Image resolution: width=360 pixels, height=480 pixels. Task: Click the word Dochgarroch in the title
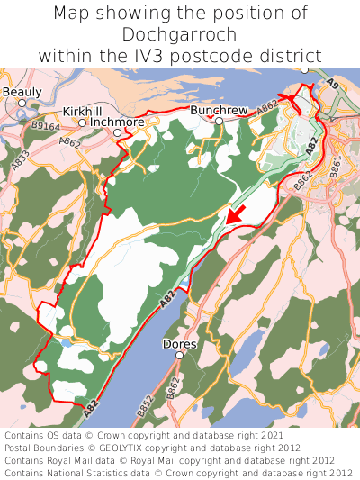[180, 34]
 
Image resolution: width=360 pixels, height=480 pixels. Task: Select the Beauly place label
[22, 92]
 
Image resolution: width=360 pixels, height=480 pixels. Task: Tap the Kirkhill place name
[83, 111]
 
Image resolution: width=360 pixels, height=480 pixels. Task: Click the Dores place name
[179, 344]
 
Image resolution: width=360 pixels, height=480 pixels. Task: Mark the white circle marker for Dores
[179, 356]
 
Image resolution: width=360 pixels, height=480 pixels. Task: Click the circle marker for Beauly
[22, 103]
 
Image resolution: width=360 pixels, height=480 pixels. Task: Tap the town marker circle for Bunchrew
[219, 120]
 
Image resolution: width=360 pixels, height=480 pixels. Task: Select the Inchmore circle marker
[117, 132]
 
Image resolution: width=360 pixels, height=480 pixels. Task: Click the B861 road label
[335, 166]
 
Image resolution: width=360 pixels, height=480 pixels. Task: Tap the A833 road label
[21, 160]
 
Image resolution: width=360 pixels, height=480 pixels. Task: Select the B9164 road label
[46, 128]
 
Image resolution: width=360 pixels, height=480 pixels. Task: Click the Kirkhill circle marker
[82, 122]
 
